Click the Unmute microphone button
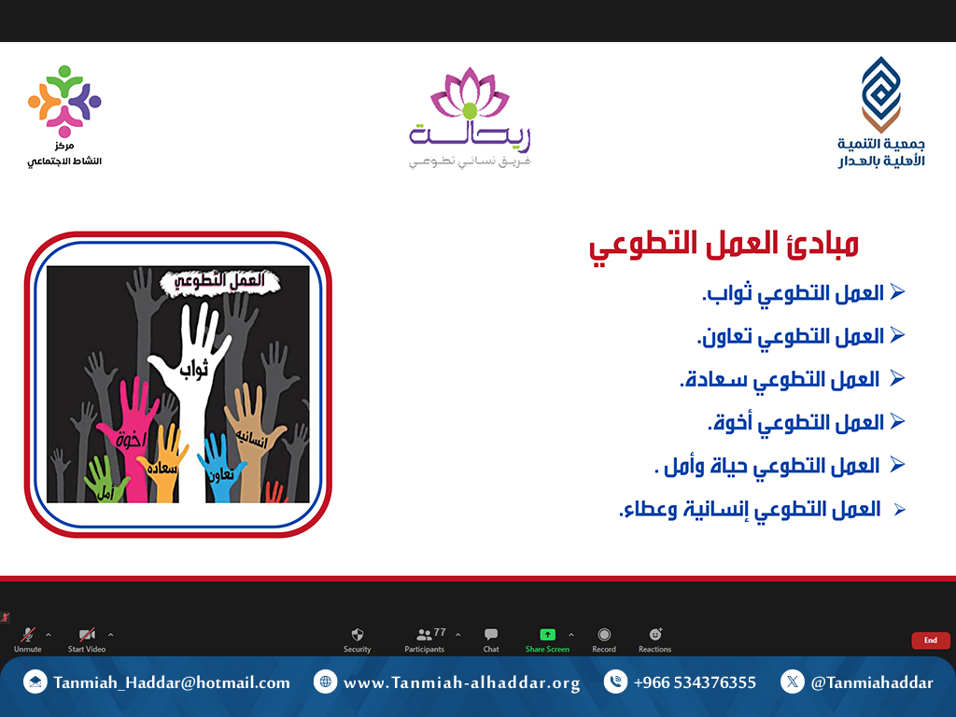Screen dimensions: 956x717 27,635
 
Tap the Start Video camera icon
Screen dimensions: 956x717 87,635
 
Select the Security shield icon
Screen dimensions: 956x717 358,635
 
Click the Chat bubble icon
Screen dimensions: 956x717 491,635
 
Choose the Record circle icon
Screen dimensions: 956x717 604,635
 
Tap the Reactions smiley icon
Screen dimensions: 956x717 655,634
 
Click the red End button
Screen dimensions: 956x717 931,640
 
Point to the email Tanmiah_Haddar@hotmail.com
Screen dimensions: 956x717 172,682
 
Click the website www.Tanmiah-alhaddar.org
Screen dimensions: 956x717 461,682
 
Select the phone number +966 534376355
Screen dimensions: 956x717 695,682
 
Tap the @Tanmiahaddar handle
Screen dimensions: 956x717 872,682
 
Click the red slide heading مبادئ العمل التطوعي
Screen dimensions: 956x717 724,246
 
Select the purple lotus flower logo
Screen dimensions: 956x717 470,93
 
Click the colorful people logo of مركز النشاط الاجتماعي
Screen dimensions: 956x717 64,101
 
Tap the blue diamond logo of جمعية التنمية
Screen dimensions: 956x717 881,94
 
